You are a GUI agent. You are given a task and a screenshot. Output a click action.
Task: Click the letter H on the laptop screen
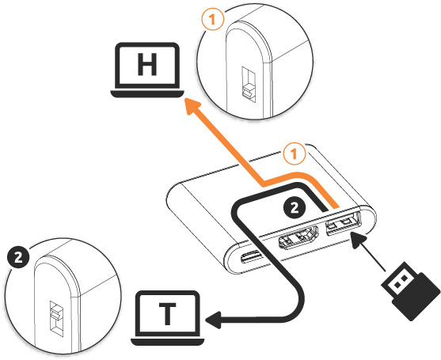pos(147,64)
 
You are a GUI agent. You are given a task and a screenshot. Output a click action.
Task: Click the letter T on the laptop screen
pos(168,313)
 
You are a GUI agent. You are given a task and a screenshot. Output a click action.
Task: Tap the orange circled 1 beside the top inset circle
pos(213,19)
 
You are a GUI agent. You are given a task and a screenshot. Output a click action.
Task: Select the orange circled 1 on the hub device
pos(295,154)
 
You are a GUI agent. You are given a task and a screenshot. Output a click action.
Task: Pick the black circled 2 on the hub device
pos(295,208)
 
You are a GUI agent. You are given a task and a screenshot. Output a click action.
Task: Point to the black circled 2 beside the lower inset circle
pos(18,257)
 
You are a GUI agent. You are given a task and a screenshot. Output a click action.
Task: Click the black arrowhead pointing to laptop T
pos(214,320)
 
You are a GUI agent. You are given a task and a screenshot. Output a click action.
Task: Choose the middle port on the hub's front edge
pos(298,238)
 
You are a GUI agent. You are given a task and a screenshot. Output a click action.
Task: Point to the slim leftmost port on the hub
pos(252,256)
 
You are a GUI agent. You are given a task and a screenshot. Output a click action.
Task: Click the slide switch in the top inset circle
pos(249,85)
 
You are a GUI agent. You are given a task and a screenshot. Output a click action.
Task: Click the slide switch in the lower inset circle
pos(56,319)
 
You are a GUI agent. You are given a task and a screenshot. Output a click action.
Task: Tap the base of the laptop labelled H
pos(147,94)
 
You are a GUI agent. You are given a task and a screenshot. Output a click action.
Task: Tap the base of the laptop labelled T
pos(168,342)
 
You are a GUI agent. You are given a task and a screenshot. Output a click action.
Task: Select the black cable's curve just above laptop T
pos(298,305)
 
